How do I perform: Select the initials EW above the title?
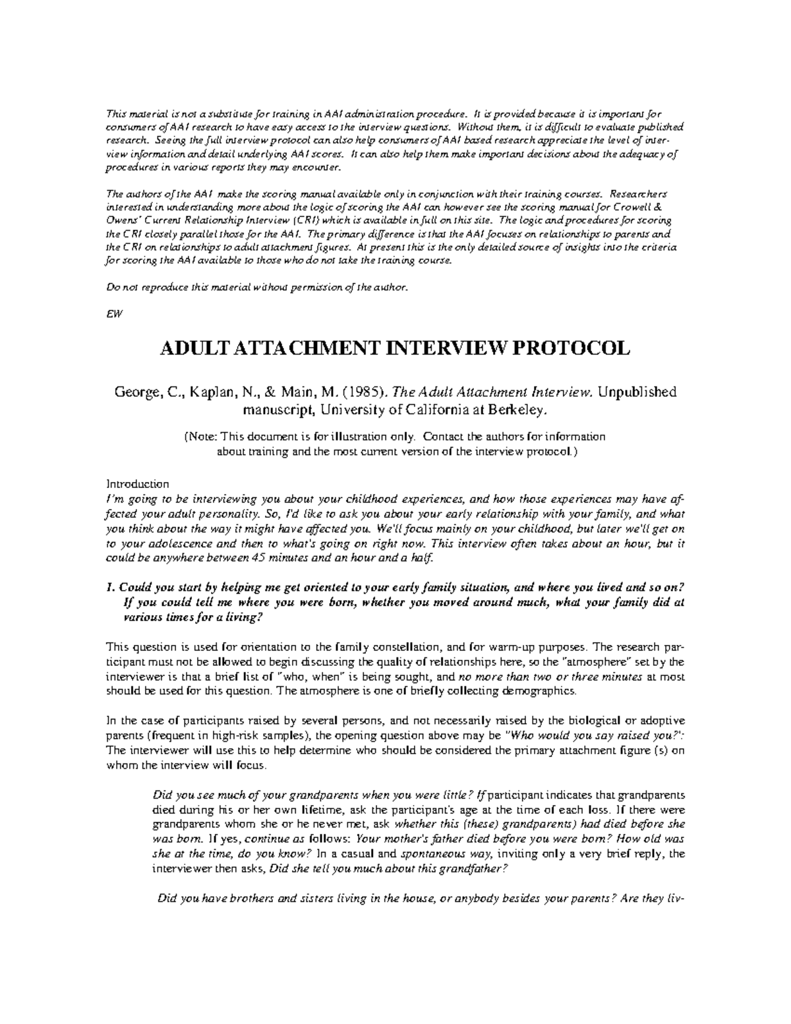tap(111, 313)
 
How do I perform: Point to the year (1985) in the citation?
tap(365, 392)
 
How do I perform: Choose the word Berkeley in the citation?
tap(517, 410)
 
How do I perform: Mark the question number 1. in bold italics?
tap(111, 587)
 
